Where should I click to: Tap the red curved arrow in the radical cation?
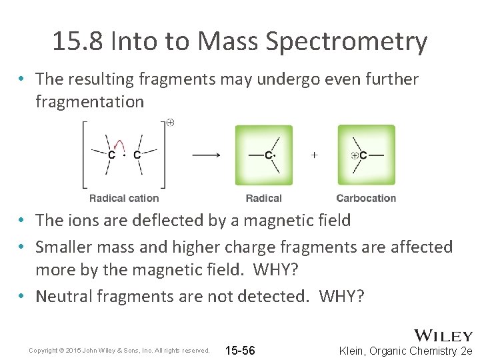[x=120, y=143]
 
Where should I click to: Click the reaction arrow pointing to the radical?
[x=206, y=155]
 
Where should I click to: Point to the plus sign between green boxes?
[x=314, y=154]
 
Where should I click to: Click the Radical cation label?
[x=124, y=198]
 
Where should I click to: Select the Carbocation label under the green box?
[x=366, y=198]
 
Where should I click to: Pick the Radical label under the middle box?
[x=263, y=198]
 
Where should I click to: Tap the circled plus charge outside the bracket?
[x=171, y=123]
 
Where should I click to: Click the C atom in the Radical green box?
[x=268, y=155]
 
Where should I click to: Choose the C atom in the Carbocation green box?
[x=363, y=155]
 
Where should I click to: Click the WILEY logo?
[x=443, y=335]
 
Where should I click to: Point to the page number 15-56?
[x=240, y=351]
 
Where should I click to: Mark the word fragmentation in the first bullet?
[x=89, y=102]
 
